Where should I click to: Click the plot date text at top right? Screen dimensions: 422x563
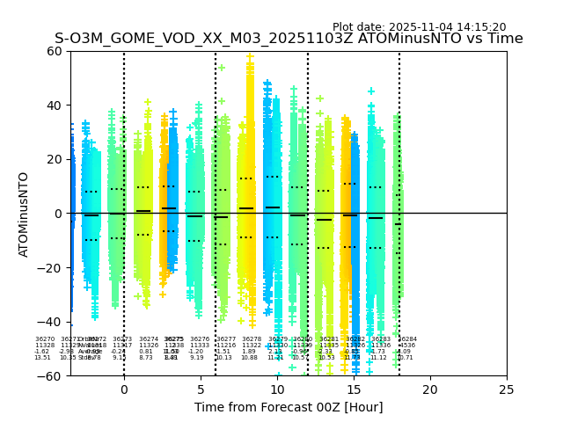pos(419,27)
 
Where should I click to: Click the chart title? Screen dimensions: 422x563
pos(289,39)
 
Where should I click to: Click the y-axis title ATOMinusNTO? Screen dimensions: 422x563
pos(24,214)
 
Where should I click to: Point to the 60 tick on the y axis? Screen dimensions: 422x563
pos(55,51)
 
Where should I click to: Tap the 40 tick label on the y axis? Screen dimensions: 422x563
pos(55,105)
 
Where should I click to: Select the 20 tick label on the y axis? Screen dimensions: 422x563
pos(55,159)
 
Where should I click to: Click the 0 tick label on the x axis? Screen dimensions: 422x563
pos(124,389)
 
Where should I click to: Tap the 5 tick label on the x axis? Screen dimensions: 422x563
pos(201,389)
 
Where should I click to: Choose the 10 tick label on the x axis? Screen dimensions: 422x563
pos(277,389)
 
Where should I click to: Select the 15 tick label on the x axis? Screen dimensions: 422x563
pos(354,389)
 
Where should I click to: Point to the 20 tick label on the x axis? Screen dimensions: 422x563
pos(430,389)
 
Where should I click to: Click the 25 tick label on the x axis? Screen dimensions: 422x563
pos(507,389)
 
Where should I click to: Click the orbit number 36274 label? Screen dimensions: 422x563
pos(149,339)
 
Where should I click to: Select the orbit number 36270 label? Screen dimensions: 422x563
pos(45,339)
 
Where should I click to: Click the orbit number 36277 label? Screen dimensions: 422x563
pos(226,339)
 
